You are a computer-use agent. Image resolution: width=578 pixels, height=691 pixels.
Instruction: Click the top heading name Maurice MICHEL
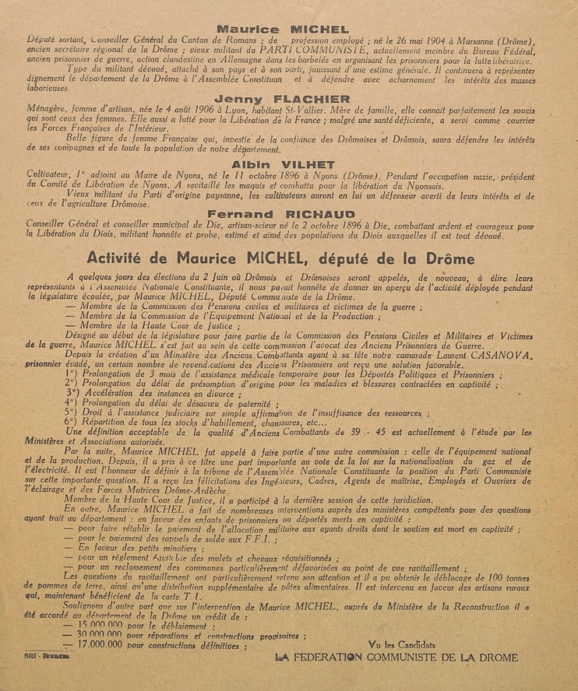tap(283, 29)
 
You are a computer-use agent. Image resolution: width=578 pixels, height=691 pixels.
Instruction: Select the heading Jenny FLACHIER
tap(283, 99)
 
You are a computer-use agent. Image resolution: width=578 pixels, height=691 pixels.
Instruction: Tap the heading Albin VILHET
tap(283, 164)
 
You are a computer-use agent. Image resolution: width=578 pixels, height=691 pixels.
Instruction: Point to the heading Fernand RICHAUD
tap(283, 214)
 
